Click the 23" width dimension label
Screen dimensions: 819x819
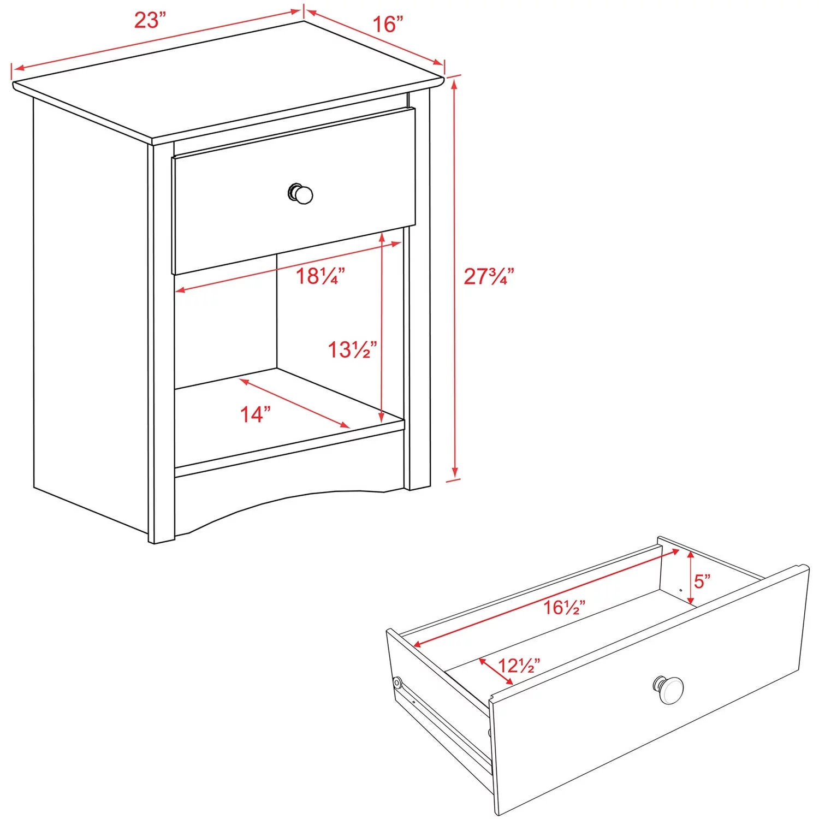pos(150,21)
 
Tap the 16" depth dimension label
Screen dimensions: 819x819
pos(388,25)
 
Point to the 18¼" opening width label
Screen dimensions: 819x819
pos(321,276)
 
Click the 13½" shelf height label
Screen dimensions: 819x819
pos(352,349)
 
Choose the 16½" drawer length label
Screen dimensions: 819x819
pos(565,607)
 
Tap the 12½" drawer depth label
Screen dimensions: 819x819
pos(519,666)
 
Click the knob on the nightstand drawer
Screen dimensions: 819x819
pos(301,194)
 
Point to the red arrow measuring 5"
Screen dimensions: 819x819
pos(691,578)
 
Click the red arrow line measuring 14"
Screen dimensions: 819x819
pos(294,403)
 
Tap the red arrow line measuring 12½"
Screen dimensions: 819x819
pos(496,672)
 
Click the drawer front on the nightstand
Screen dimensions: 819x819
pos(294,191)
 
